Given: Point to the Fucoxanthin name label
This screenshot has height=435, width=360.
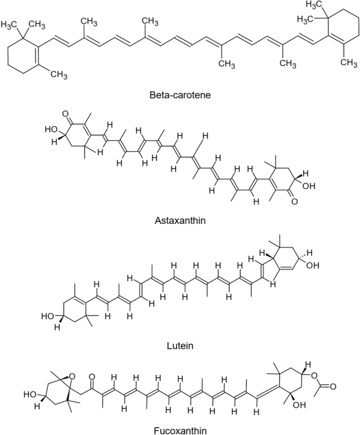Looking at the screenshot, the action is [179, 427].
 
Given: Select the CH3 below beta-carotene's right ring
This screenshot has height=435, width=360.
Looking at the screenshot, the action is [347, 62].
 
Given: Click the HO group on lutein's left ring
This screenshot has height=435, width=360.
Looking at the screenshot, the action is [48, 316].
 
